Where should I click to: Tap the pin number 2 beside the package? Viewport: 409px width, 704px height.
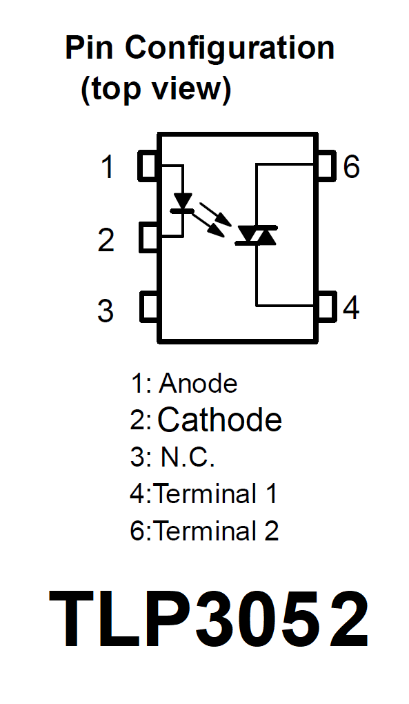click(106, 239)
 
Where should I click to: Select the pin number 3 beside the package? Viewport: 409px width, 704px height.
click(106, 311)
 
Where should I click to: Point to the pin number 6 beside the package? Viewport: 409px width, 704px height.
click(351, 166)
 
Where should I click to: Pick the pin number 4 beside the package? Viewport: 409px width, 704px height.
click(350, 308)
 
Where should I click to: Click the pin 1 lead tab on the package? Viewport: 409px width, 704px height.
click(148, 166)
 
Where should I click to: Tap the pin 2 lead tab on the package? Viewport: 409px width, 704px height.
click(148, 237)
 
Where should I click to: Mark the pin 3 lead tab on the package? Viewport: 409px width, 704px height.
click(148, 307)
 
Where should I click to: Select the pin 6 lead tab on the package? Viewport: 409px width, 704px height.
click(326, 166)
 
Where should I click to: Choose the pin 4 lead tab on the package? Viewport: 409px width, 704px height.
click(326, 307)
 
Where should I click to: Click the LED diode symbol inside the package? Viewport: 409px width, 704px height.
click(183, 202)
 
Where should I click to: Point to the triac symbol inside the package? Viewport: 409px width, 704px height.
click(257, 235)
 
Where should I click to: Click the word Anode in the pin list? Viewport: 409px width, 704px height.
click(198, 384)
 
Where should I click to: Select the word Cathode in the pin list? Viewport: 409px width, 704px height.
click(220, 420)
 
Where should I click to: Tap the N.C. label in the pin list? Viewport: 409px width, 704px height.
click(188, 457)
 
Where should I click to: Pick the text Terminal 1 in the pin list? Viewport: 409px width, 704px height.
click(215, 493)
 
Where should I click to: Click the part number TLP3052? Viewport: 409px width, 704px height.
click(208, 619)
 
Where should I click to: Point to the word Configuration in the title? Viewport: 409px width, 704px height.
click(230, 48)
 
